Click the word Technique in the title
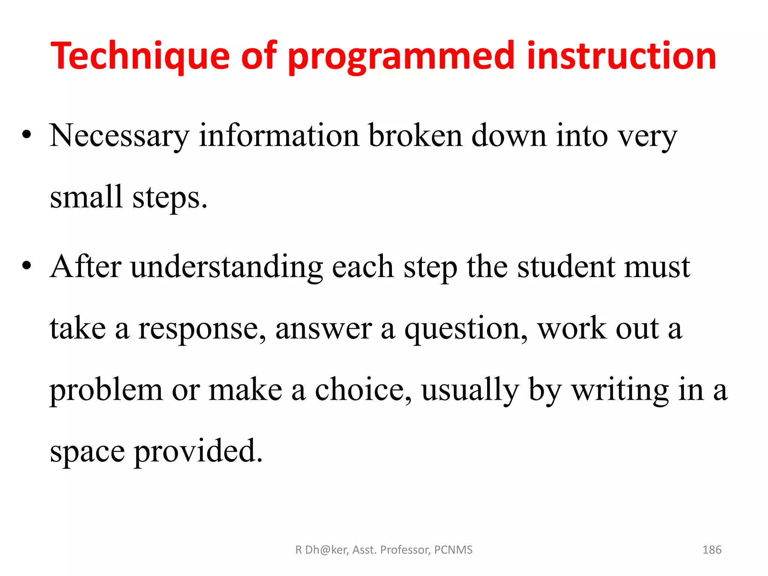(x=139, y=56)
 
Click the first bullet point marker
(x=26, y=135)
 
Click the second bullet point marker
(x=26, y=266)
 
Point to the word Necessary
(x=119, y=136)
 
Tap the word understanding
(x=226, y=267)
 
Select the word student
(x=566, y=267)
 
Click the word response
(x=202, y=329)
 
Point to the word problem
(x=106, y=390)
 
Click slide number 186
(x=711, y=550)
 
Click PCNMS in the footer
(x=453, y=550)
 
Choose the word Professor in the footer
(x=405, y=550)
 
